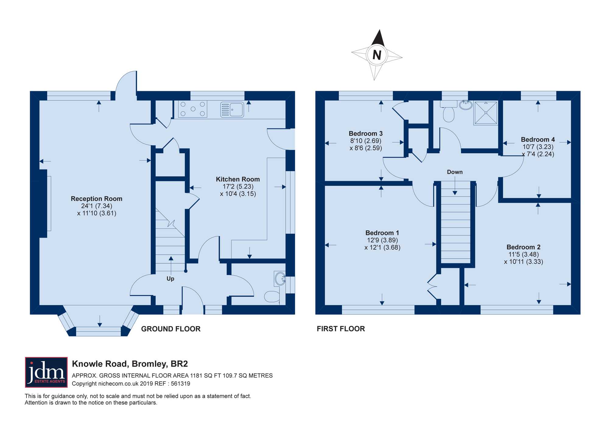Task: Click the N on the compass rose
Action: click(377, 55)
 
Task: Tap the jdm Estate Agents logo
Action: click(46, 372)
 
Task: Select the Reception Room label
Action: click(97, 199)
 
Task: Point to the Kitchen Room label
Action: click(238, 179)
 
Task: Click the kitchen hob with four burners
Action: click(193, 109)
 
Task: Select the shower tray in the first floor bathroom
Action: click(486, 113)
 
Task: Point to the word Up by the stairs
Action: click(170, 279)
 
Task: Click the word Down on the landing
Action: click(455, 172)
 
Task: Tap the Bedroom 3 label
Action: click(366, 134)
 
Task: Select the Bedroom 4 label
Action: click(538, 140)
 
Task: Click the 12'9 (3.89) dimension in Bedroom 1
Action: click(382, 240)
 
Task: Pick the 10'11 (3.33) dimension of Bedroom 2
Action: click(524, 262)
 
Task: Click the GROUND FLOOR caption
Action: click(171, 329)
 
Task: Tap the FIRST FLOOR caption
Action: click(341, 329)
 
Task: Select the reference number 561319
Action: click(181, 384)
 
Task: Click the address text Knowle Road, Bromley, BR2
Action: click(130, 364)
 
